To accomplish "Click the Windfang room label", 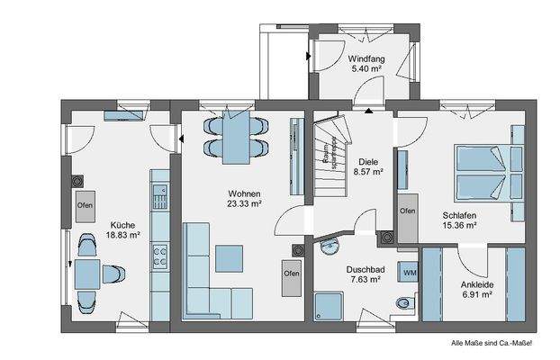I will coord(365,58).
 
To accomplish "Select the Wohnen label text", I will coord(244,193).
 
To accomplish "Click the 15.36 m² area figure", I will coord(460,225).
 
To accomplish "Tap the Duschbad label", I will coord(365,268).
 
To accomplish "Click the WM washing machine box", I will coord(410,272).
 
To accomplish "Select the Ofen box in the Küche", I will coord(85,204).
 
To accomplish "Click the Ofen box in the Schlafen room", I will coord(408,211).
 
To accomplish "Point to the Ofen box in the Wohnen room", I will coord(291,274).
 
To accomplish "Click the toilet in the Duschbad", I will coord(408,301).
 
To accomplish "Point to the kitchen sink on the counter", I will coord(161,193).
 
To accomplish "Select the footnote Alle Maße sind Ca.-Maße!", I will coord(492,343).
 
